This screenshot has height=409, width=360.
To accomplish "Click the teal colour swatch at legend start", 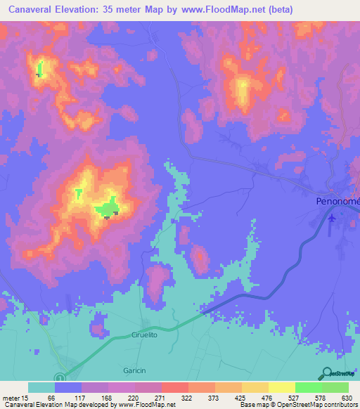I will pyautogui.click(x=41, y=387).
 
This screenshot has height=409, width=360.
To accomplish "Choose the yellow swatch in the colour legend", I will pyautogui.click(x=282, y=387).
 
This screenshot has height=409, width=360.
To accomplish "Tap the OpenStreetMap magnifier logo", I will pyautogui.click(x=327, y=374).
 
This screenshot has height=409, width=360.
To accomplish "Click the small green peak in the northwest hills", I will pyautogui.click(x=39, y=70).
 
